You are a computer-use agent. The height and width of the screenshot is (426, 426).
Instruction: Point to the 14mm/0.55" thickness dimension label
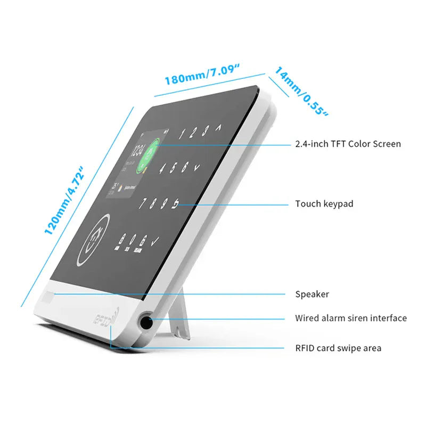coord(301,91)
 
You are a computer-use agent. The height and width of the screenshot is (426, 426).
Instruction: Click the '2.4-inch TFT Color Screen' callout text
coord(348,144)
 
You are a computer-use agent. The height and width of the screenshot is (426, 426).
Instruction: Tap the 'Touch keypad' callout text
coord(324,203)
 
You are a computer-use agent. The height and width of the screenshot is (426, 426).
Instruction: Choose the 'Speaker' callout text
coord(312,294)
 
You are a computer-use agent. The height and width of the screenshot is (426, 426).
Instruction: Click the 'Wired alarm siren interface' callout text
coord(351,318)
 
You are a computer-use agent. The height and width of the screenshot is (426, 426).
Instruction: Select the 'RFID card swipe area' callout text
coord(338,348)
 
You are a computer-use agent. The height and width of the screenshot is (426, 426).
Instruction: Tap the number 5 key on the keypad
coord(174,168)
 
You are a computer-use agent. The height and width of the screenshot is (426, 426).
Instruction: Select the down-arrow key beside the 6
coord(198,167)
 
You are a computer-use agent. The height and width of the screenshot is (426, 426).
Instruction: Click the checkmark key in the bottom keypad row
coord(155,243)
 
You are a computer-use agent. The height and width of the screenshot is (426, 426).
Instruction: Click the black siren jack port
coord(145,322)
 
